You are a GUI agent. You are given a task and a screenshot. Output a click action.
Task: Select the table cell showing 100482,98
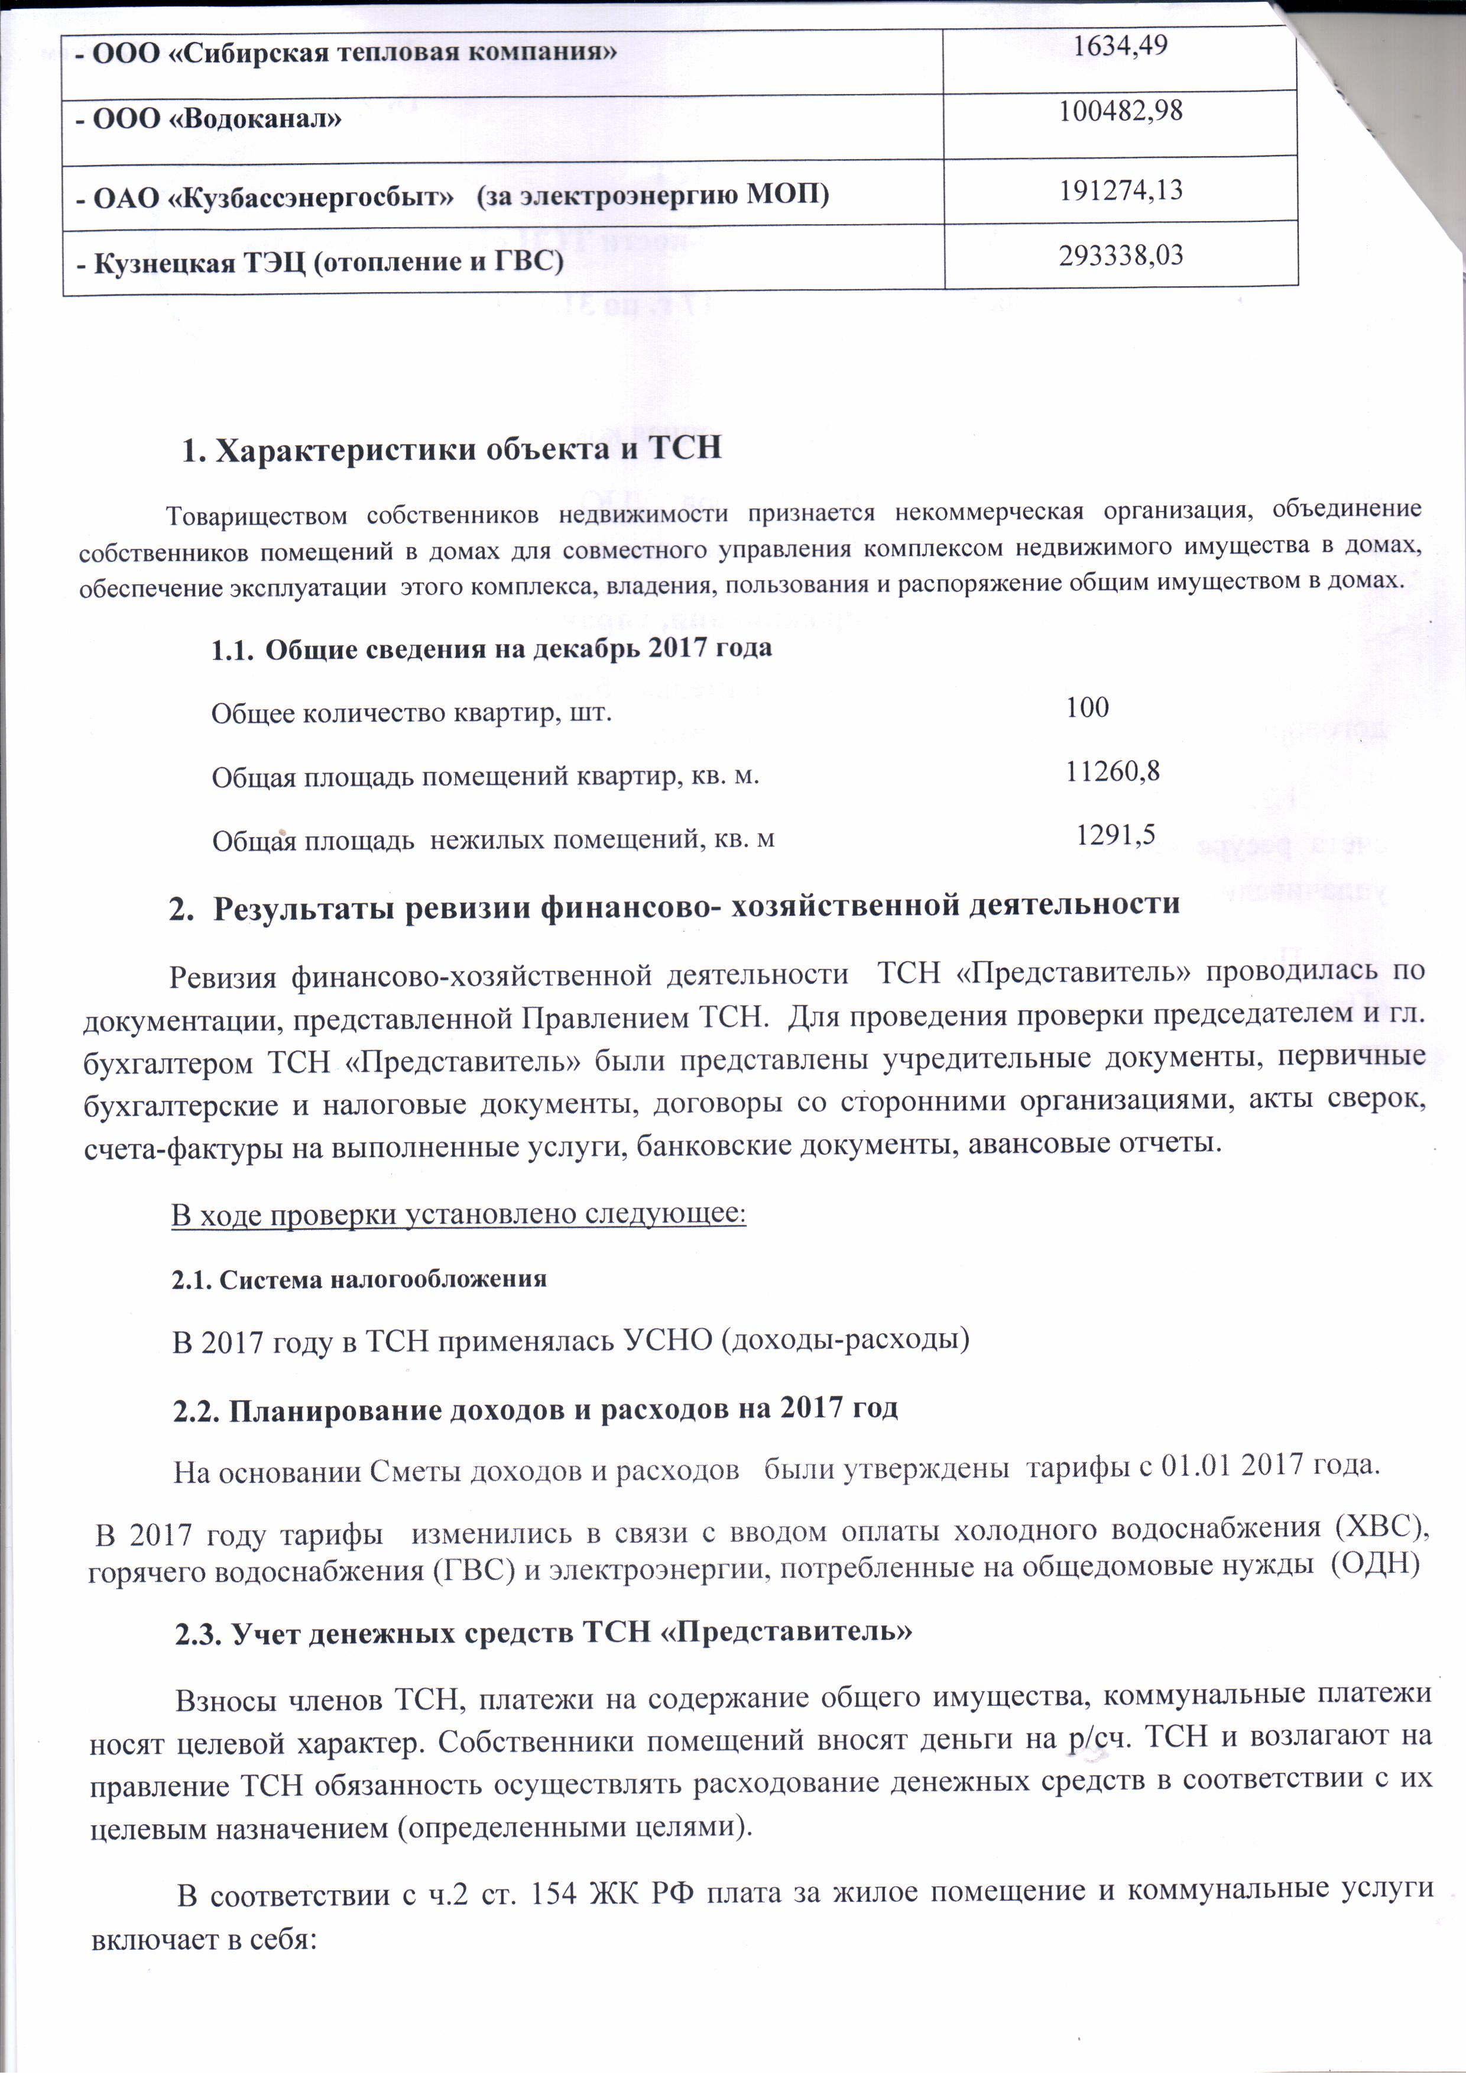pos(1120,112)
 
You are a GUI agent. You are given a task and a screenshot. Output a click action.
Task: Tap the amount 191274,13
pos(1120,190)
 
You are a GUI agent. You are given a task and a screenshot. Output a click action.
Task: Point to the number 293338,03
pos(1120,256)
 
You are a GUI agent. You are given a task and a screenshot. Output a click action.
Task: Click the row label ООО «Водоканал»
pos(207,119)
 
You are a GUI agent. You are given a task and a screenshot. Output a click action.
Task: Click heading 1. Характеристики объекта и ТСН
pos(452,449)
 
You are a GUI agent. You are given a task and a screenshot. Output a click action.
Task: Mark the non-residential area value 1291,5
pos(1115,834)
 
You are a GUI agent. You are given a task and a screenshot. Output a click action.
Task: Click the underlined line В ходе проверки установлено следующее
pos(459,1214)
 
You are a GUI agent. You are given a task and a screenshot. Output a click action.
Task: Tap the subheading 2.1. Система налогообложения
pos(359,1279)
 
